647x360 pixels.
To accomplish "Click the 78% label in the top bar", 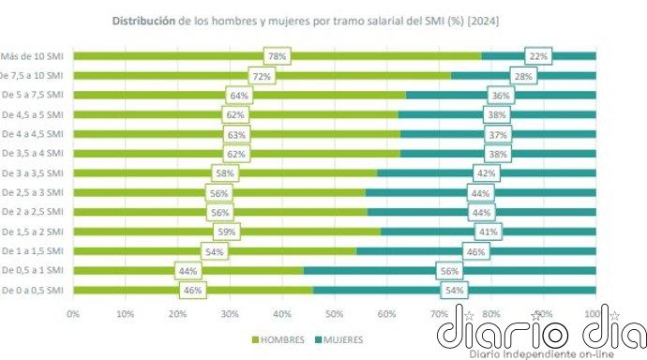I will coord(277,56).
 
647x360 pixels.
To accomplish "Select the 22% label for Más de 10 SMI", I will coord(538,56).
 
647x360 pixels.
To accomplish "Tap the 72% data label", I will coord(262,76).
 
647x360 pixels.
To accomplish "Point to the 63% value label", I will coord(236,134).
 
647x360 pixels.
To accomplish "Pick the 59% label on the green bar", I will coord(227,232).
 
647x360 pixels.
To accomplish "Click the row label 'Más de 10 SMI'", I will coord(33,56).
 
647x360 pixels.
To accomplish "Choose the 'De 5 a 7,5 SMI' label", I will coord(33,96).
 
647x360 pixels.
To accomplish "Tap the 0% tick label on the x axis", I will coord(73,313).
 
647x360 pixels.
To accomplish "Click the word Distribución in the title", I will coord(143,19).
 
